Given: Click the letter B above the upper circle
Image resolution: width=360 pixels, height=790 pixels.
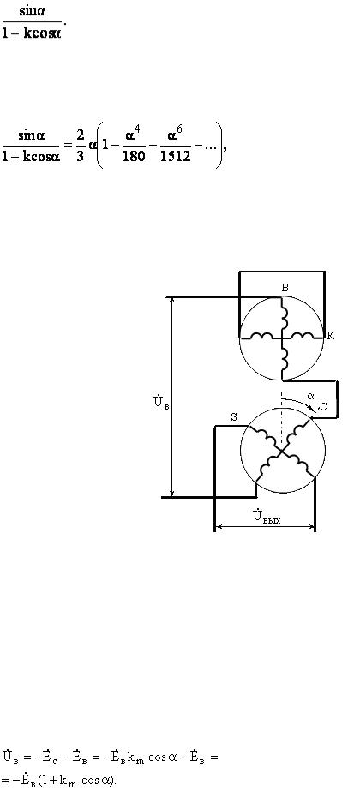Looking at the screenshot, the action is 285,288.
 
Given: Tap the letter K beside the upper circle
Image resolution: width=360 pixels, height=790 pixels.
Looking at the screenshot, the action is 331,336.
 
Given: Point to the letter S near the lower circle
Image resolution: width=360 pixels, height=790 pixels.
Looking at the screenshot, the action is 234,417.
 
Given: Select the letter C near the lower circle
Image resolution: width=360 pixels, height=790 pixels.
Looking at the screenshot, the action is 323,408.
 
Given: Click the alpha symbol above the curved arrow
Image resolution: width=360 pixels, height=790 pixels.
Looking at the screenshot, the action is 310,396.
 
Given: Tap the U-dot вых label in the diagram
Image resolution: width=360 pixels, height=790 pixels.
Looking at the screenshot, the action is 267,516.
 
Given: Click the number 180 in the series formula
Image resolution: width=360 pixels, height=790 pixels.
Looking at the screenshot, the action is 134,156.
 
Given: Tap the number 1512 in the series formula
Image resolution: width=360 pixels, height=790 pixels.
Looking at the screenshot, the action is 176,156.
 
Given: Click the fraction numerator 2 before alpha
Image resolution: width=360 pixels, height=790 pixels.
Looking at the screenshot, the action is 81,135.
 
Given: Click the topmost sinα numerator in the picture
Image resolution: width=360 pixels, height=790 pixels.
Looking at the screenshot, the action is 33,12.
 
